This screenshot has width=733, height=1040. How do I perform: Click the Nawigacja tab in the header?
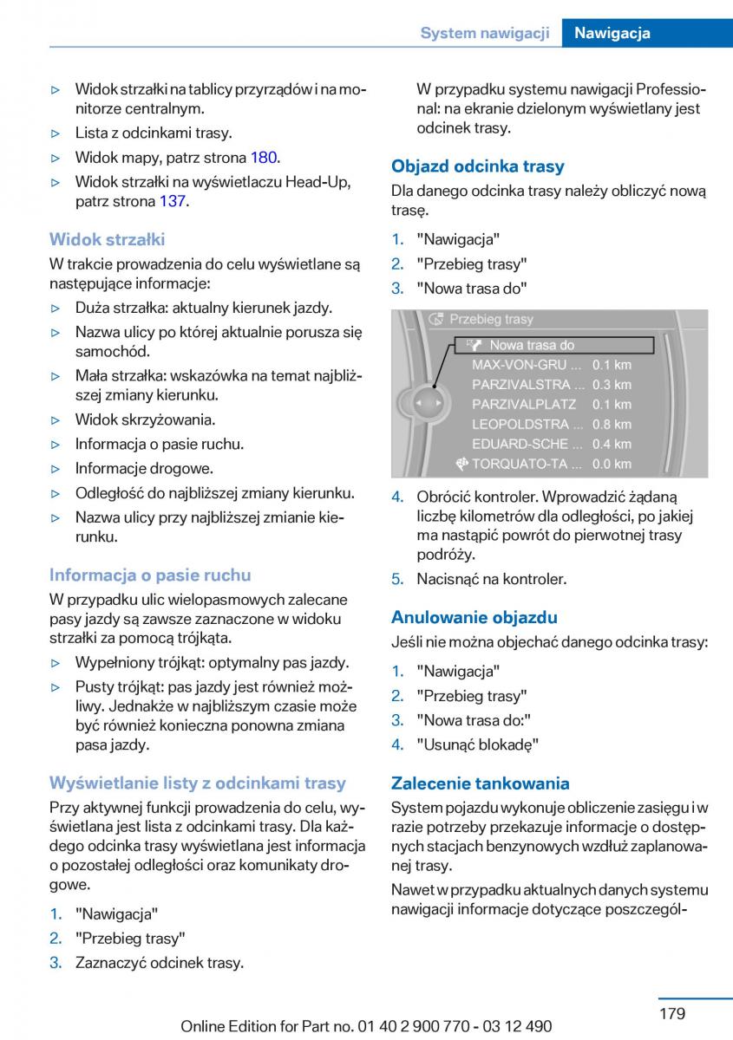[x=612, y=33]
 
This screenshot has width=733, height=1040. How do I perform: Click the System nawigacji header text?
[x=485, y=33]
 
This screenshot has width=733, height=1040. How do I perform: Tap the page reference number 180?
[x=264, y=158]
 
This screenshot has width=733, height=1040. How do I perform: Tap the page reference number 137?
[x=173, y=201]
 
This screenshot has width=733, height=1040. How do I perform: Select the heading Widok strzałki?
[x=107, y=239]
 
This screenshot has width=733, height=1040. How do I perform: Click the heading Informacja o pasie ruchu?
[x=150, y=575]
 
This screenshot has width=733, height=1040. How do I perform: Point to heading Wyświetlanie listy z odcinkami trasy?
[x=197, y=783]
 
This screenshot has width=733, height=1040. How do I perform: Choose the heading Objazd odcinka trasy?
[x=477, y=166]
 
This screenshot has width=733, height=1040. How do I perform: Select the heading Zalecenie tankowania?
[x=480, y=783]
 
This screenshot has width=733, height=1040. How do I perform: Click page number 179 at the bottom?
[x=671, y=1013]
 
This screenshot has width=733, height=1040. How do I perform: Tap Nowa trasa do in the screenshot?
[x=532, y=345]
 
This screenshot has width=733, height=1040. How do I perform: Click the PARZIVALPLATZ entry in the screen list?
[x=524, y=404]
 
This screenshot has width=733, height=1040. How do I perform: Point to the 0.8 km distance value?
[x=612, y=424]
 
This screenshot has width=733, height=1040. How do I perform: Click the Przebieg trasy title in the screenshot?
[x=491, y=319]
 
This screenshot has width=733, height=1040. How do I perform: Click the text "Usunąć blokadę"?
[x=477, y=744]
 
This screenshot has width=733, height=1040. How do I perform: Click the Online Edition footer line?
[x=366, y=1026]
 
